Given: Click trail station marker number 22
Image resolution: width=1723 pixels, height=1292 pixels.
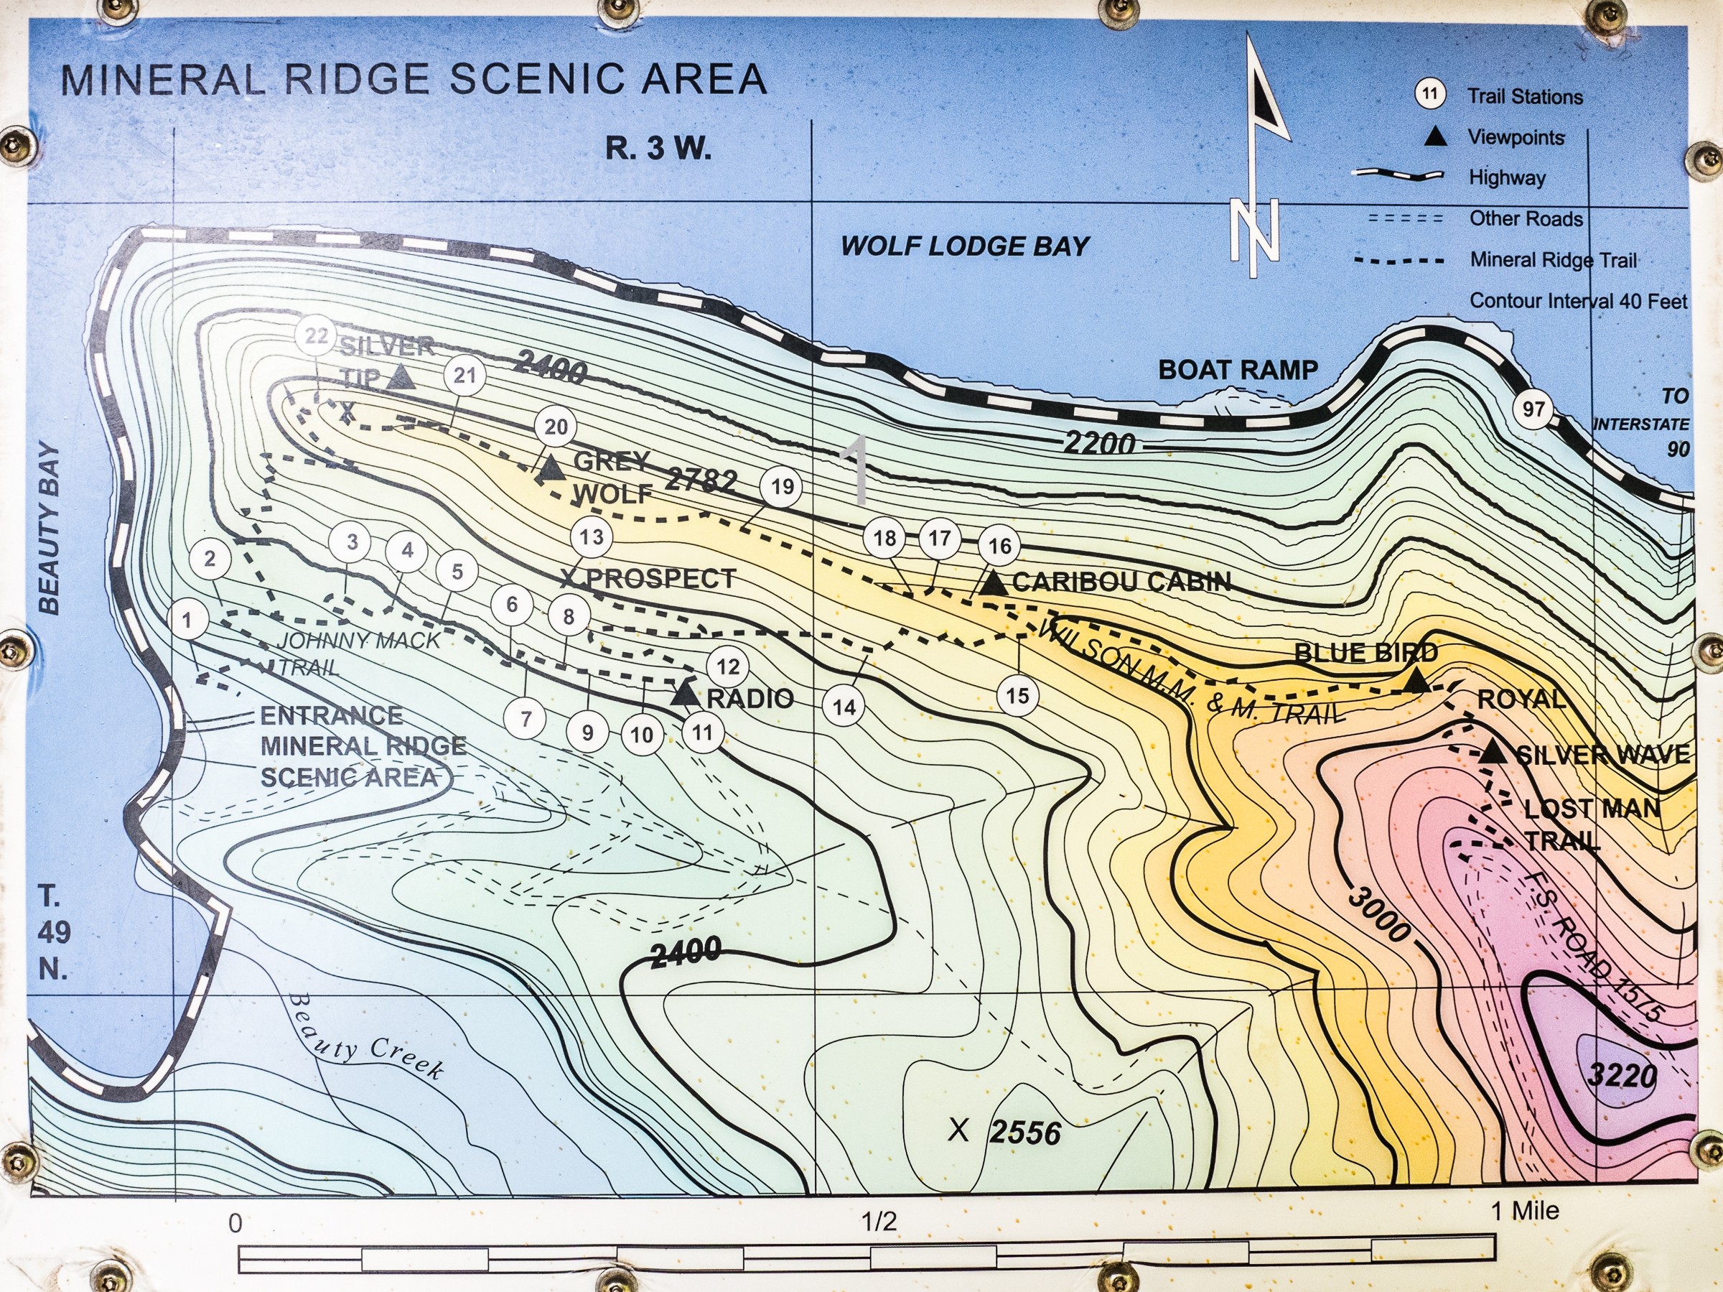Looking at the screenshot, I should pyautogui.click(x=315, y=336).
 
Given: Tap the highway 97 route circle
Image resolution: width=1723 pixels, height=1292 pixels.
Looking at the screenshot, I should pyautogui.click(x=1533, y=409).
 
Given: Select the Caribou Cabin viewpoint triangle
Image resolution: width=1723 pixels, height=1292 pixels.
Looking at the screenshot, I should pyautogui.click(x=993, y=583).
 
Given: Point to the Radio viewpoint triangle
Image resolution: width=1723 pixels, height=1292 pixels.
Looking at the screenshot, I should pyautogui.click(x=686, y=693).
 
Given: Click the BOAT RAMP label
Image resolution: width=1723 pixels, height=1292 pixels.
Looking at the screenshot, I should pyautogui.click(x=1238, y=370).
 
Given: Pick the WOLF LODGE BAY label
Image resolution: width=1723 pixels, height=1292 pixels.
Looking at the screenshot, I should pyautogui.click(x=964, y=246).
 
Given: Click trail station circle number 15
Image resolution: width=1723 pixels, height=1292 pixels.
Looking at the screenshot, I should pyautogui.click(x=1017, y=696).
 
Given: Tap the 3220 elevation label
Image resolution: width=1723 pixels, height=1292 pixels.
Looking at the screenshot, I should pyautogui.click(x=1623, y=1076).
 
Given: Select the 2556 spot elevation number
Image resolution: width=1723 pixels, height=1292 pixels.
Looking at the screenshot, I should pyautogui.click(x=1026, y=1133).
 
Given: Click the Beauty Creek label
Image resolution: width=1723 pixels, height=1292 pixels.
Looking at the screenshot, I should pyautogui.click(x=366, y=1037).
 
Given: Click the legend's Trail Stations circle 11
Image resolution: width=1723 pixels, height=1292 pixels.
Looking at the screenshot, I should pyautogui.click(x=1429, y=95).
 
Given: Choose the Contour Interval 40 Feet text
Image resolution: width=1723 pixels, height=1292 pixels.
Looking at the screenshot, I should pyautogui.click(x=1578, y=301).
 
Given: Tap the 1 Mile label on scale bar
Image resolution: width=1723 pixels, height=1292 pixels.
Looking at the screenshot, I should pyautogui.click(x=1525, y=1210).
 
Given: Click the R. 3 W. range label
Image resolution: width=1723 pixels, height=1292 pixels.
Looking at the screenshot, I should pyautogui.click(x=658, y=148).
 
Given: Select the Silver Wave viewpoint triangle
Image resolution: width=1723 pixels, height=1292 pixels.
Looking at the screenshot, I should pyautogui.click(x=1492, y=752).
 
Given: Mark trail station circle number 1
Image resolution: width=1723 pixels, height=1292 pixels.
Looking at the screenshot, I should pyautogui.click(x=187, y=621).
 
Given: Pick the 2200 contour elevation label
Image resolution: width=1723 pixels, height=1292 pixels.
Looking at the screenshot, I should pyautogui.click(x=1099, y=442).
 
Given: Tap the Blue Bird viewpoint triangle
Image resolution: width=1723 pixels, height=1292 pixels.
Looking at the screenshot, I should pyautogui.click(x=1417, y=681).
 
